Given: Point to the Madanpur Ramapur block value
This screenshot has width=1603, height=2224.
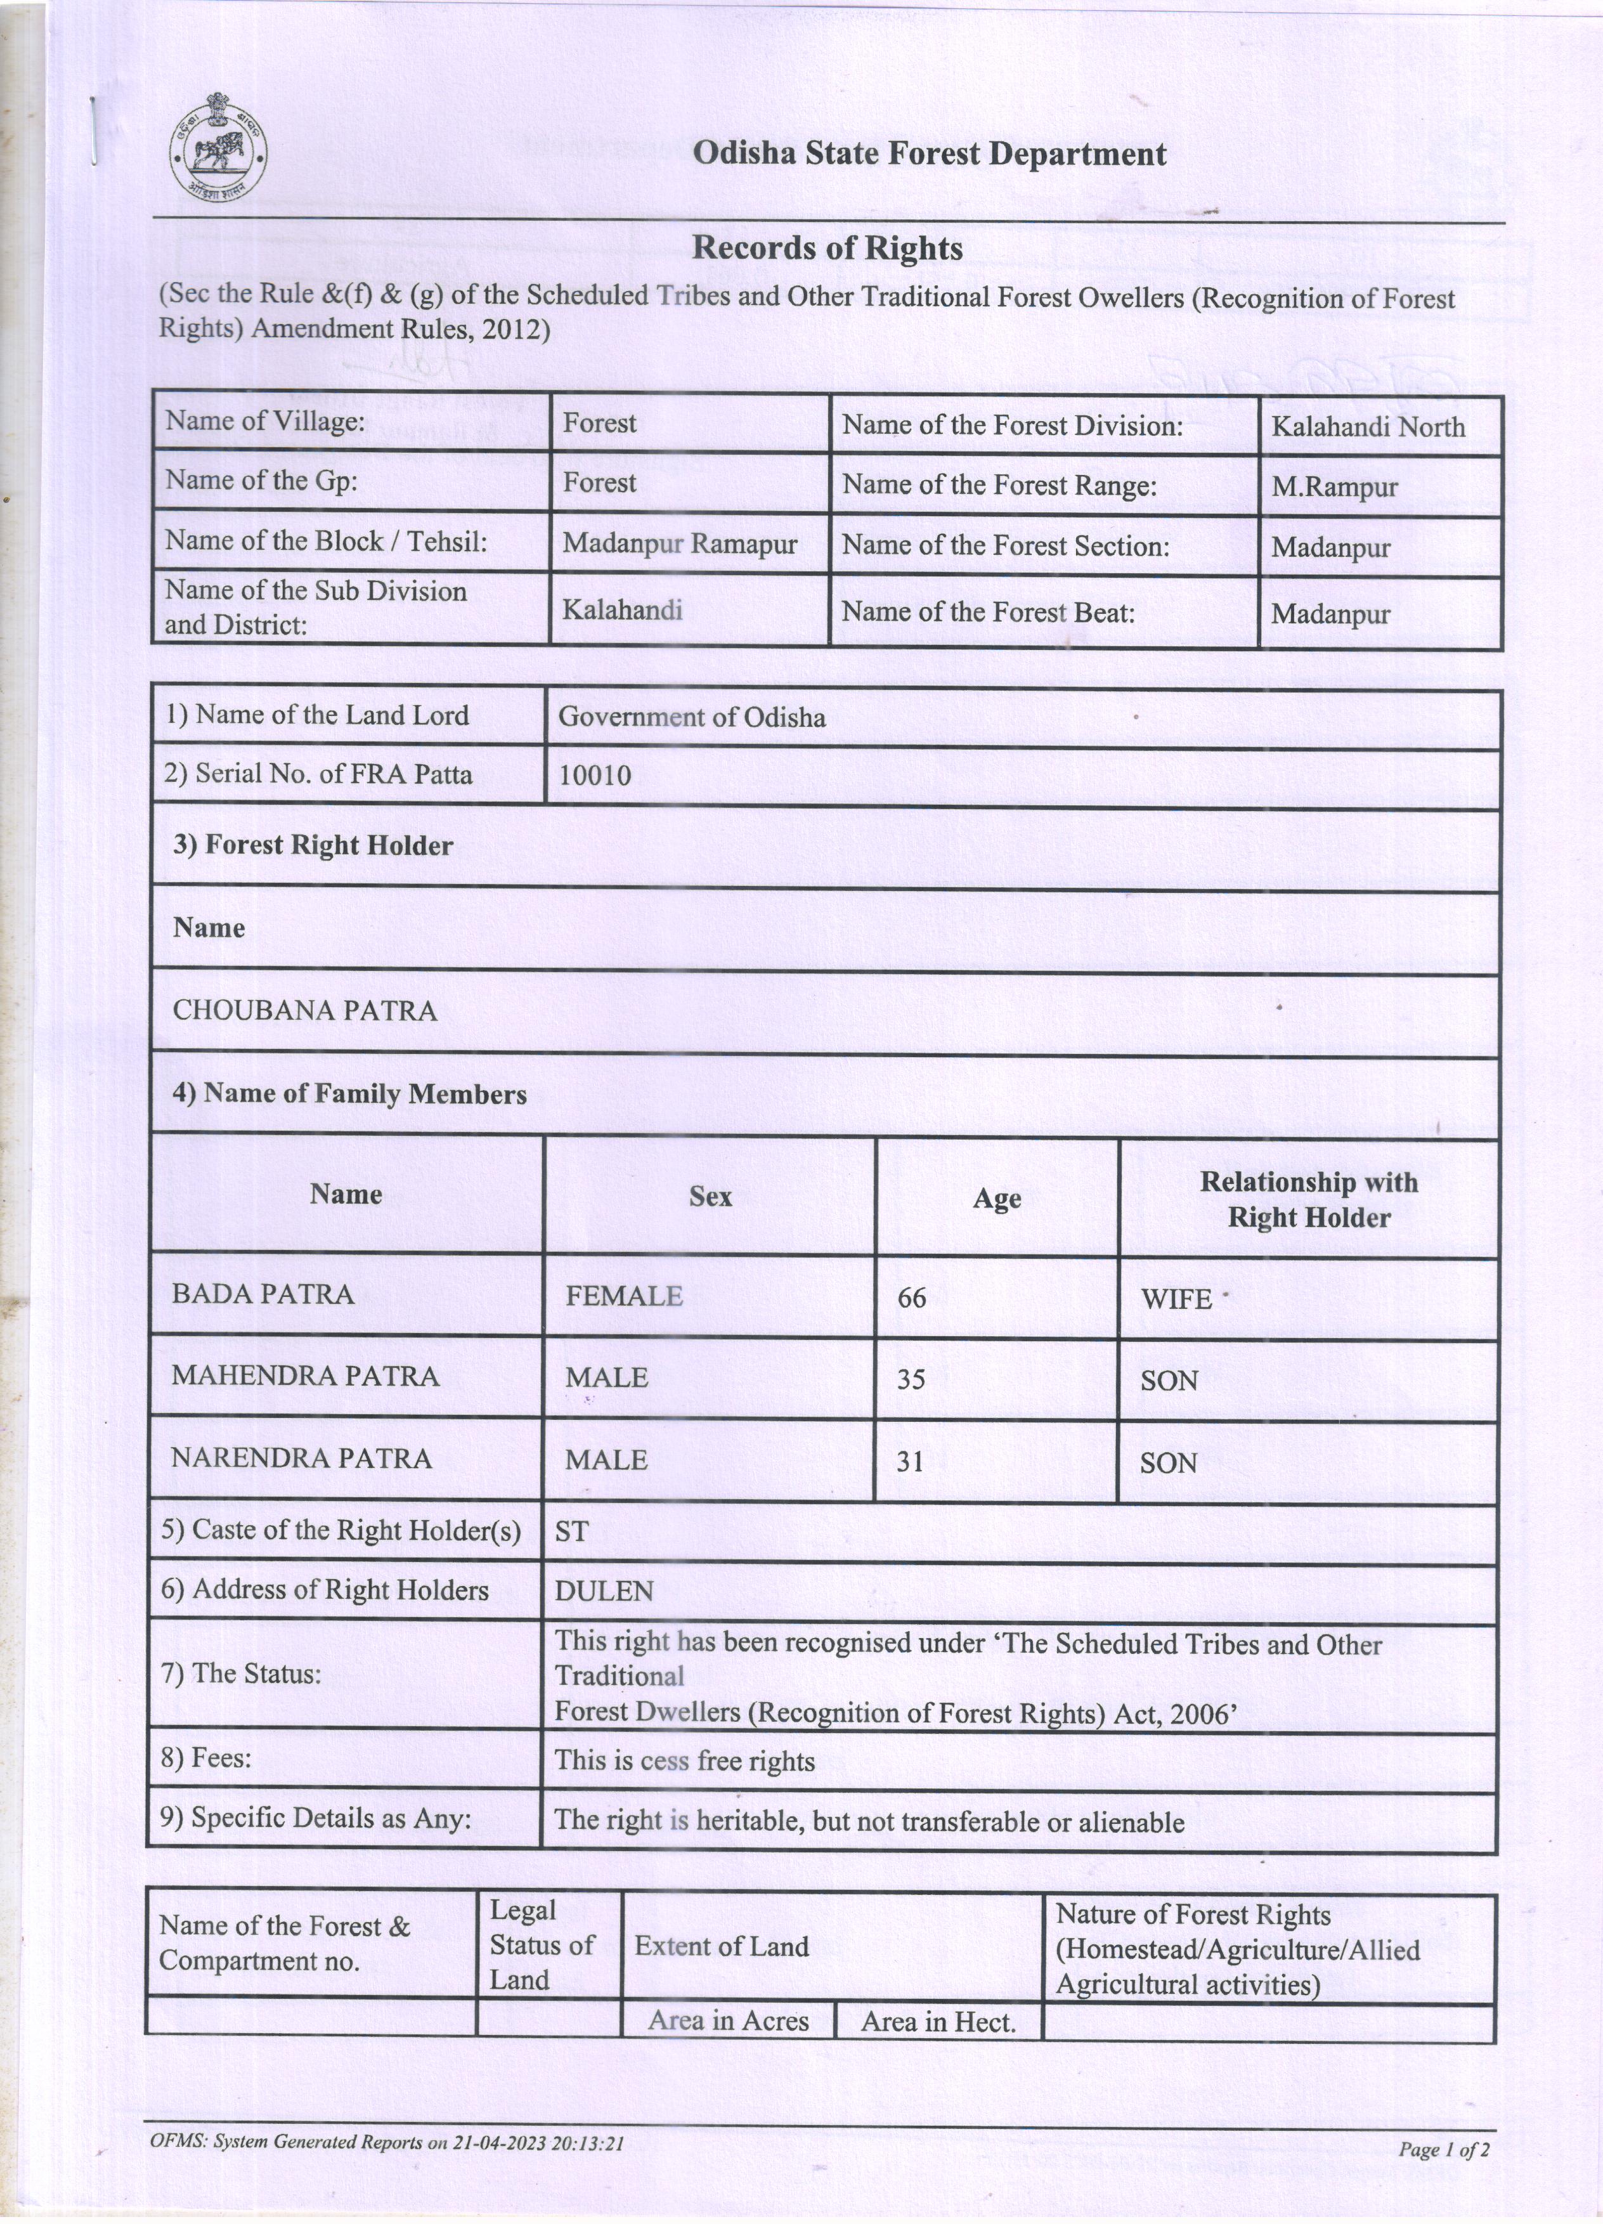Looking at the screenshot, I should coord(680,543).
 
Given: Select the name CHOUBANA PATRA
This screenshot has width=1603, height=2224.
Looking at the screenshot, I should coord(305,1010).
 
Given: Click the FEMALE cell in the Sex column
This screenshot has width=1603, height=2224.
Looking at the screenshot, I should coord(623,1296).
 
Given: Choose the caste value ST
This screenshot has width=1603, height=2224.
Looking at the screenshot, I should coord(571,1531).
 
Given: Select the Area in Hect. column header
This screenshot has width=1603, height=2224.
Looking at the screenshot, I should coord(937,2021).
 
